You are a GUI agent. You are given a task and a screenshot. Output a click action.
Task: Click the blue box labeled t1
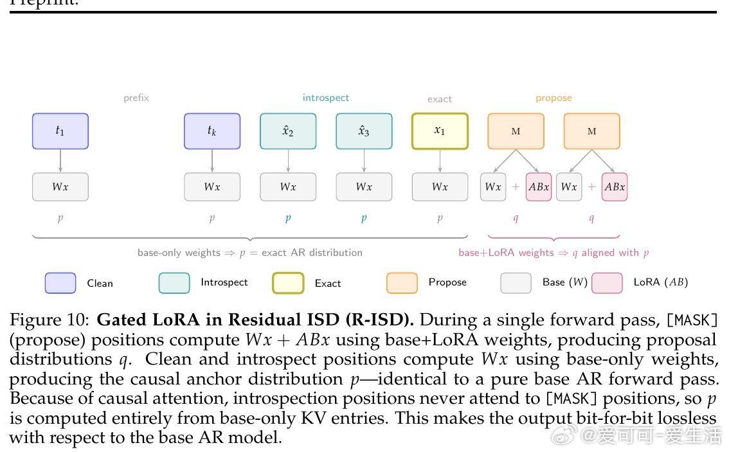pyautogui.click(x=60, y=131)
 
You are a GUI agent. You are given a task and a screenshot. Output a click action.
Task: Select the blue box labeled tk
pyautogui.click(x=212, y=131)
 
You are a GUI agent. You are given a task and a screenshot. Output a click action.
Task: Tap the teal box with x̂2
pyautogui.click(x=288, y=131)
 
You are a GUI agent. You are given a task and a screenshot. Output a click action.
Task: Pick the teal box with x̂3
pyautogui.click(x=364, y=131)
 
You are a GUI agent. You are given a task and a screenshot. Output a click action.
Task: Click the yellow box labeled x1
pyautogui.click(x=440, y=131)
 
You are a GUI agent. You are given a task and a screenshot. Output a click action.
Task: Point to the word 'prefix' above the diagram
pyautogui.click(x=136, y=98)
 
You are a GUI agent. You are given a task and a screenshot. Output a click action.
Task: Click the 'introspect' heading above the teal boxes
pyautogui.click(x=326, y=98)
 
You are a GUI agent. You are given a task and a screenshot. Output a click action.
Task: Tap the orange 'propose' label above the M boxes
pyautogui.click(x=553, y=98)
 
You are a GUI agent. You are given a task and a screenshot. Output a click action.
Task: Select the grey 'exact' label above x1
pyautogui.click(x=440, y=99)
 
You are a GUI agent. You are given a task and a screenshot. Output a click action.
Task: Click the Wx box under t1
pyautogui.click(x=60, y=187)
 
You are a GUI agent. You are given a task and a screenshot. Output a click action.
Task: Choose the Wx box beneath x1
pyautogui.click(x=440, y=187)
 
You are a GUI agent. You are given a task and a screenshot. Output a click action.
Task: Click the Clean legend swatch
pyautogui.click(x=60, y=283)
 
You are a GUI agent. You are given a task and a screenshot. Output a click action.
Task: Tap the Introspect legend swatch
pyautogui.click(x=174, y=283)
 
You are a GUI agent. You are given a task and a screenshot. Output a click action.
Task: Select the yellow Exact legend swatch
pyautogui.click(x=288, y=283)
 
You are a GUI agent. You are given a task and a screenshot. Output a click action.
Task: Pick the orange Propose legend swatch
pyautogui.click(x=402, y=283)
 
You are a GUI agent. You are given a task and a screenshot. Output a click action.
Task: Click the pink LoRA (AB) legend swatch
pyautogui.click(x=607, y=283)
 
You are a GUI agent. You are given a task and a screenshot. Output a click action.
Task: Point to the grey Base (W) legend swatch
pyautogui.click(x=516, y=283)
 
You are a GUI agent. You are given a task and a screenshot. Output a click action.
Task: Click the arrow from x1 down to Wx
pyautogui.click(x=440, y=161)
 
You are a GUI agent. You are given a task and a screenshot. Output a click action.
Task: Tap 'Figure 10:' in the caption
pyautogui.click(x=51, y=320)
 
